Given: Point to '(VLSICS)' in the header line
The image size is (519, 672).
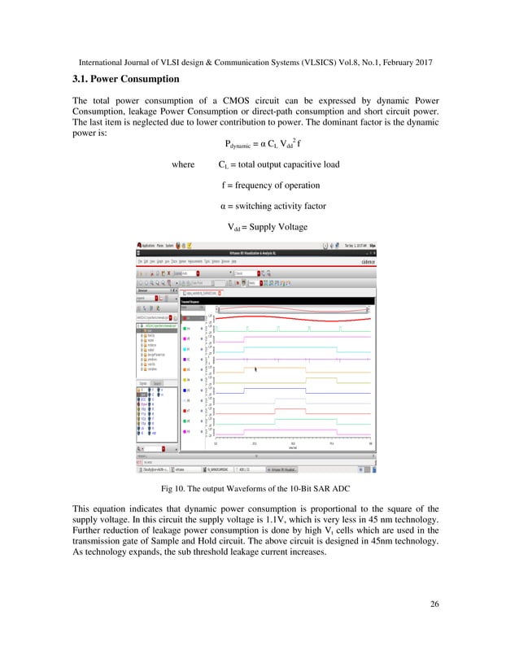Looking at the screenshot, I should [307, 62].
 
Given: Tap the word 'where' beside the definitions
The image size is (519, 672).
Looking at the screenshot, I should [183, 165].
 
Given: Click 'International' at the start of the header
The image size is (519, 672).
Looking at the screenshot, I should [105, 62].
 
